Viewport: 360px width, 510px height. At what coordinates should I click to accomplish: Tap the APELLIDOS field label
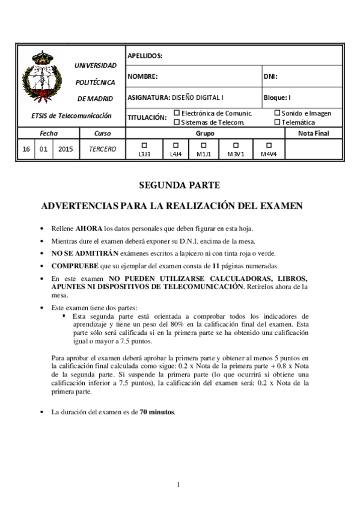pyautogui.click(x=145, y=56)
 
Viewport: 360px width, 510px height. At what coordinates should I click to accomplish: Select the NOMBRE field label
pyautogui.click(x=142, y=76)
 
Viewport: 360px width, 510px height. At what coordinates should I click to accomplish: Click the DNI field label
pyautogui.click(x=270, y=76)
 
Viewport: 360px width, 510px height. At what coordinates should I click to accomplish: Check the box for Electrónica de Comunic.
pyautogui.click(x=177, y=112)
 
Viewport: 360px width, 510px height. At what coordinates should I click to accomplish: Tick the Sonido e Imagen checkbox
pyautogui.click(x=277, y=112)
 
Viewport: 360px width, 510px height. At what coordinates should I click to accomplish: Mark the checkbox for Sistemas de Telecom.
pyautogui.click(x=177, y=121)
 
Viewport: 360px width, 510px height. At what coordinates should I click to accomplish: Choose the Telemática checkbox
pyautogui.click(x=277, y=121)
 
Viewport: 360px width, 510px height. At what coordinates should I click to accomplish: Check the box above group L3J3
pyautogui.click(x=144, y=145)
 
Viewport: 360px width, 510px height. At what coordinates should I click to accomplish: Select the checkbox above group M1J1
pyautogui.click(x=203, y=145)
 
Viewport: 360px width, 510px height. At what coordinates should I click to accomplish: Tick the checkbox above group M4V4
pyautogui.click(x=269, y=145)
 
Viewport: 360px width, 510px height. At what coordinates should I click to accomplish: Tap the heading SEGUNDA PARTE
pyautogui.click(x=180, y=185)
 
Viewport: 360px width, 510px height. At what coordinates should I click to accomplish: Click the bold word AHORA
pyautogui.click(x=88, y=229)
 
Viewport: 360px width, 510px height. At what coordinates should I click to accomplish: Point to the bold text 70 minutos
pyautogui.click(x=157, y=412)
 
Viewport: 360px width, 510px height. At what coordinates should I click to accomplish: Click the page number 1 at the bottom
pyautogui.click(x=179, y=485)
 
